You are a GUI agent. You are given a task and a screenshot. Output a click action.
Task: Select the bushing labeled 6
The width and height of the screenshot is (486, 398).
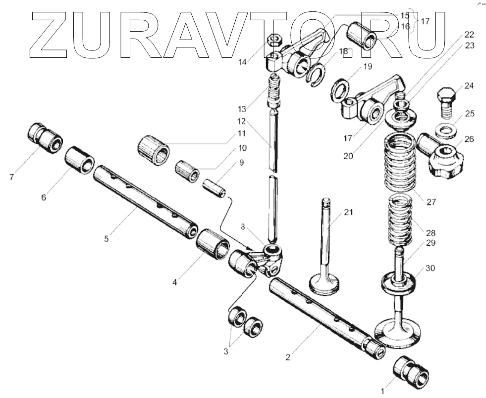(79, 159)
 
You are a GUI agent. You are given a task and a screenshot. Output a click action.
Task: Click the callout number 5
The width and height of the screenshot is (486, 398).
(106, 238)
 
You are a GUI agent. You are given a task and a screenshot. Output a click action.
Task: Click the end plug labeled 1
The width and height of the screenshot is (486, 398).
(410, 372)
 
